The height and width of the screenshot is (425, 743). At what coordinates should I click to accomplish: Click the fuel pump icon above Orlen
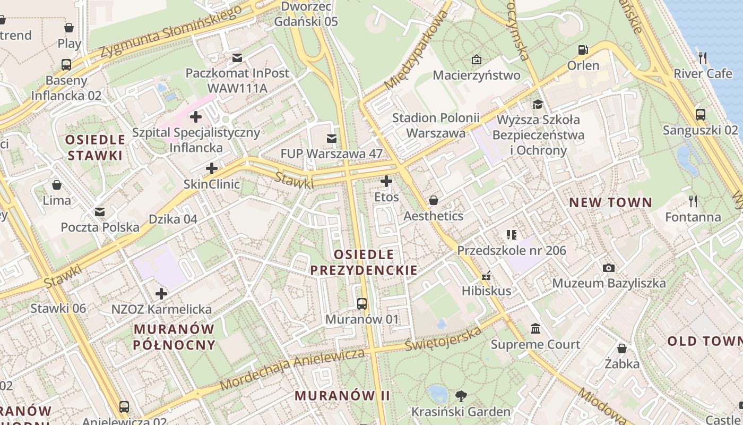[x=583, y=50]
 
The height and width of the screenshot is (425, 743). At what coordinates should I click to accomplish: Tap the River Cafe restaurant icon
[x=703, y=57]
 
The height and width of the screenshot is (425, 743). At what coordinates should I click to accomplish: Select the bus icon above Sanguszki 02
[x=700, y=114]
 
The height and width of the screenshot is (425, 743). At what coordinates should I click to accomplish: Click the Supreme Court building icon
[x=535, y=329]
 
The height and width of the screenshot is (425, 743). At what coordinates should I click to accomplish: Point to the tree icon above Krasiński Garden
[x=461, y=396]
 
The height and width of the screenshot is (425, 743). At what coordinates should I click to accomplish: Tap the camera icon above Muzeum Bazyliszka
[x=609, y=268]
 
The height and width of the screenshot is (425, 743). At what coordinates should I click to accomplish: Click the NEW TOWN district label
[x=610, y=202]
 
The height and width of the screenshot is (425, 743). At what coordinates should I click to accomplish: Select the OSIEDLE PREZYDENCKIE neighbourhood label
[x=364, y=262]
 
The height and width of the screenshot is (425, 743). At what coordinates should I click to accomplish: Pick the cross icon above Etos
[x=386, y=181]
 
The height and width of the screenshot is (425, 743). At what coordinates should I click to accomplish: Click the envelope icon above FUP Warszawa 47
[x=332, y=139]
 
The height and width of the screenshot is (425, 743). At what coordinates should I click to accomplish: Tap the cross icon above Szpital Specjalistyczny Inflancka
[x=196, y=116]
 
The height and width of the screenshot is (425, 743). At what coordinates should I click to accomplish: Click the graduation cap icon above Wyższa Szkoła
[x=538, y=104]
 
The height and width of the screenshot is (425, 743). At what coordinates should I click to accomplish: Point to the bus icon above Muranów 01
[x=362, y=304]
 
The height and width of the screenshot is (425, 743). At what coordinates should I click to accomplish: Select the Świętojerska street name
[x=444, y=338]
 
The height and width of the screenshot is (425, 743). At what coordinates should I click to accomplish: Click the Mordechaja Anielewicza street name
[x=292, y=369]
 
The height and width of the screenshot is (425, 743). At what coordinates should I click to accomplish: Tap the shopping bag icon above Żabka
[x=622, y=348]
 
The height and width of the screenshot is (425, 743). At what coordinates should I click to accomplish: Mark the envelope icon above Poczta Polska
[x=99, y=212]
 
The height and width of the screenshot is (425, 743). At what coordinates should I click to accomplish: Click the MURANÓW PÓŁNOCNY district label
[x=174, y=337]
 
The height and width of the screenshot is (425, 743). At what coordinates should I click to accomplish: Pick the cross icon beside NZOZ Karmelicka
[x=161, y=293]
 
